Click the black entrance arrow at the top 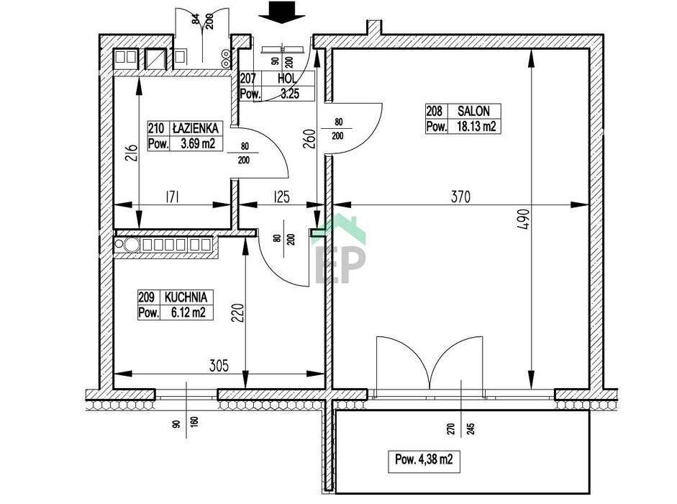click(x=282, y=12)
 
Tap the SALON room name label click(x=473, y=111)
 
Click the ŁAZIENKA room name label click(x=195, y=128)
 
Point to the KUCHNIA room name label click(x=186, y=297)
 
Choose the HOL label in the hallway click(x=287, y=78)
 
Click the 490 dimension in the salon click(x=524, y=219)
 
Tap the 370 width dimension click(x=460, y=197)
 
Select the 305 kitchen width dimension click(x=219, y=366)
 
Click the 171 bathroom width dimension click(x=172, y=197)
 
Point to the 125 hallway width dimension click(x=281, y=197)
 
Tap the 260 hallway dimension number click(x=309, y=139)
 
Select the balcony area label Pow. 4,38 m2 click(x=424, y=459)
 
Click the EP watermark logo click(x=340, y=251)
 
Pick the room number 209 click(x=146, y=297)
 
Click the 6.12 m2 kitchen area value click(x=188, y=312)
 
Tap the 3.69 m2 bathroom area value click(x=198, y=143)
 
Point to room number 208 click(x=435, y=111)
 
